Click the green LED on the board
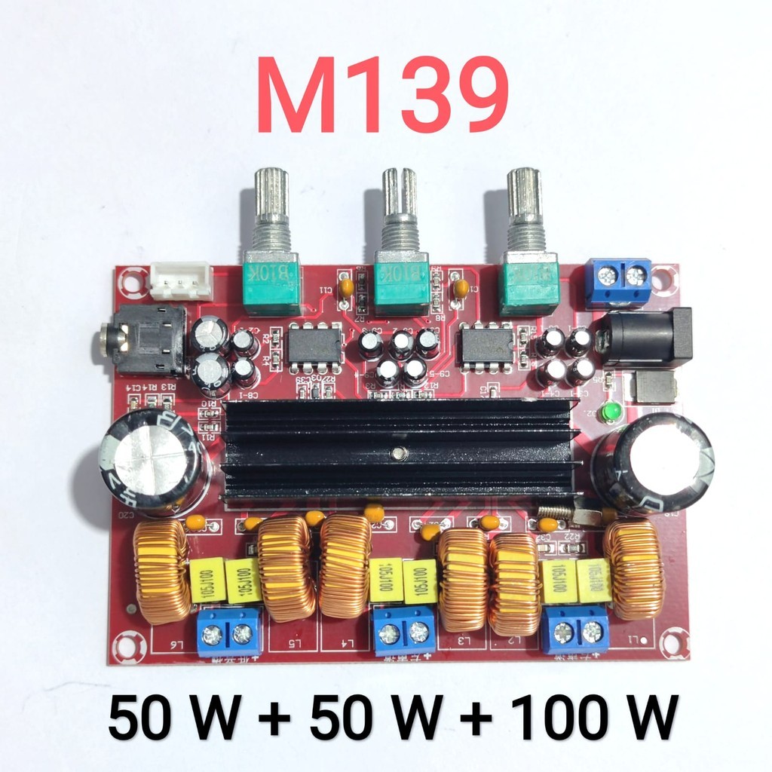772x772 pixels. [x=611, y=412]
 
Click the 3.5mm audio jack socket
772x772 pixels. [x=143, y=342]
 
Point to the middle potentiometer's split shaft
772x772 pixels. [x=399, y=191]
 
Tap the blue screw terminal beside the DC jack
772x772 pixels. [x=617, y=280]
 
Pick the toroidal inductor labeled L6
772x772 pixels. [x=161, y=570]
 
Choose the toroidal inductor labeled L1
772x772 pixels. [x=634, y=568]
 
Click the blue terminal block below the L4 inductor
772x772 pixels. [x=404, y=630]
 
